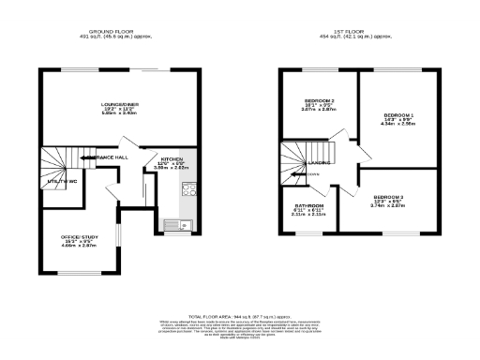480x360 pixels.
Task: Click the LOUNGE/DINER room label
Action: point(119,104)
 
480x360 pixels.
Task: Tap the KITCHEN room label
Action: point(172,159)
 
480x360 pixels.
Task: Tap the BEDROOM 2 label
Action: point(320,100)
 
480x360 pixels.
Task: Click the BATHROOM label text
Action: point(309,205)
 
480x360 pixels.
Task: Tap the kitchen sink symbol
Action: point(175,224)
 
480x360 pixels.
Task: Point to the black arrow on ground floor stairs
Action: point(86,157)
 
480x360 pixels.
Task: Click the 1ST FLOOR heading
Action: point(352,33)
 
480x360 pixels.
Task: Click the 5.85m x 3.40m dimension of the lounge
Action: point(119,115)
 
